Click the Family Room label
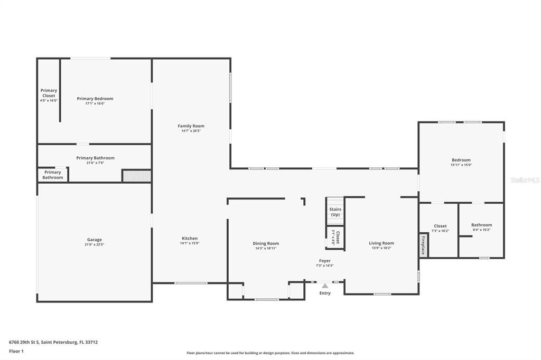[191, 126]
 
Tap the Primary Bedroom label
[95, 99]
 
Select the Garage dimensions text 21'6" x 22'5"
[95, 245]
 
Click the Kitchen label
[190, 239]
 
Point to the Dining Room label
[266, 243]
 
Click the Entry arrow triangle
[325, 286]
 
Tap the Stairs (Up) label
[335, 212]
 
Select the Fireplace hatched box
[423, 245]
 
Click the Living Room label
[381, 243]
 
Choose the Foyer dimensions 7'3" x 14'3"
[324, 266]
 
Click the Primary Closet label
[49, 93]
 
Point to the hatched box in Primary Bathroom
[137, 176]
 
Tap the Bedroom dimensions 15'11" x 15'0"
[461, 165]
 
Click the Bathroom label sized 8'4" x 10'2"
[481, 225]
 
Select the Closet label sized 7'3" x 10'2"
[440, 226]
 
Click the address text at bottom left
[53, 342]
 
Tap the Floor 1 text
[16, 350]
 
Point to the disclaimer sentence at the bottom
[270, 353]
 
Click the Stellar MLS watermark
[525, 180]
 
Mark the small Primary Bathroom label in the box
[53, 175]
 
